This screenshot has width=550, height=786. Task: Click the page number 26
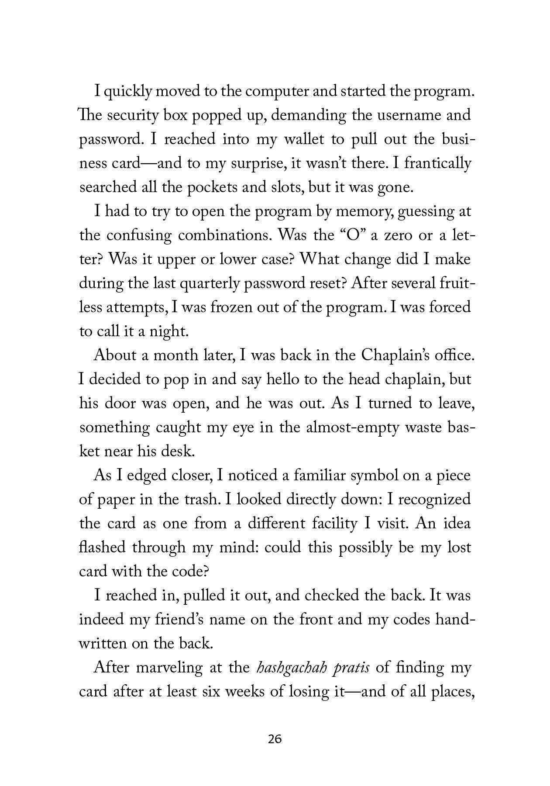tap(275, 739)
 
